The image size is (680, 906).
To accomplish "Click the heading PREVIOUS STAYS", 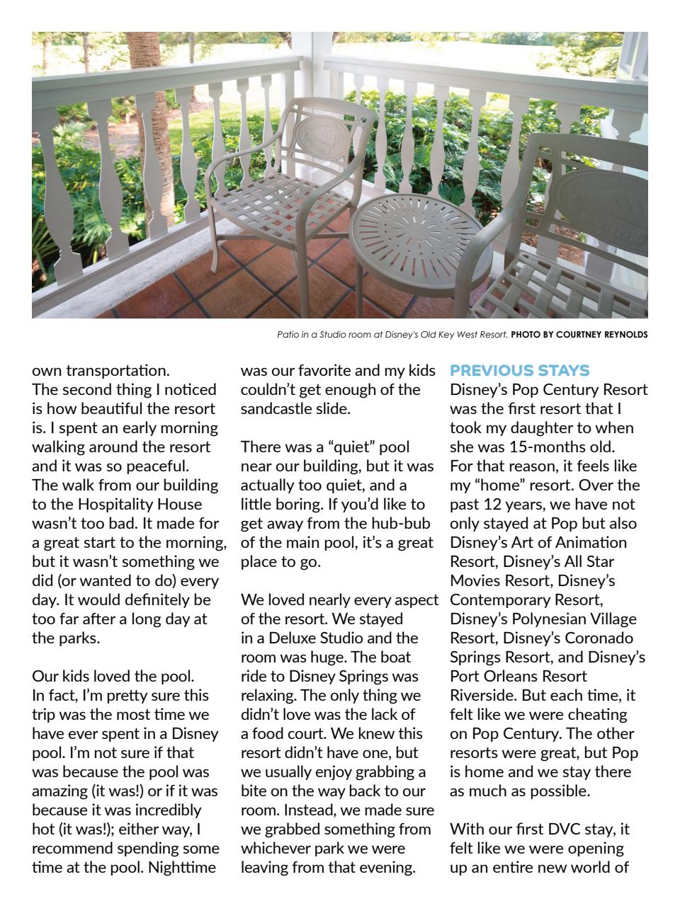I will pyautogui.click(x=519, y=371).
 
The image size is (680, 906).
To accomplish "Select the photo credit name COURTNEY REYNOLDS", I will pyautogui.click(x=601, y=335).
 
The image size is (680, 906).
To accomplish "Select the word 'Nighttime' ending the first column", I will pyautogui.click(x=181, y=867).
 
